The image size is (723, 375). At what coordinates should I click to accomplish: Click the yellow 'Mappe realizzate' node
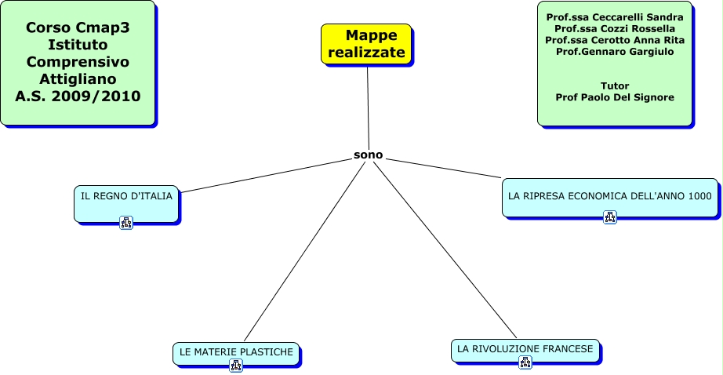click(366, 44)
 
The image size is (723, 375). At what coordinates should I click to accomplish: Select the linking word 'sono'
click(368, 155)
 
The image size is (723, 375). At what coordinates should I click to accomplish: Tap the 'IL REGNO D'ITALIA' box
click(126, 196)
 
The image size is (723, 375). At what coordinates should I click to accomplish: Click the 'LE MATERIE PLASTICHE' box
click(236, 352)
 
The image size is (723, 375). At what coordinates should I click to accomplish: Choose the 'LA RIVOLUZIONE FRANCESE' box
click(525, 348)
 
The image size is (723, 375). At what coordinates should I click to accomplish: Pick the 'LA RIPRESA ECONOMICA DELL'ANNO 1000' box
click(609, 195)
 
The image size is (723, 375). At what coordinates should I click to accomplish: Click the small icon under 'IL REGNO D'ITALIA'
click(126, 223)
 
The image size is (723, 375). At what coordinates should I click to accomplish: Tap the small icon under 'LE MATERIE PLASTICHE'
click(236, 366)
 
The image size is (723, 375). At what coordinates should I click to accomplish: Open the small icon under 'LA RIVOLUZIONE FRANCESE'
click(525, 362)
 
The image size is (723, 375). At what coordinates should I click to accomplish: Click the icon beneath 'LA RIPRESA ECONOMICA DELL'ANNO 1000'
click(610, 217)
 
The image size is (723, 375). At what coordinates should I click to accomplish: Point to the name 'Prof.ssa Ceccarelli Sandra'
click(615, 17)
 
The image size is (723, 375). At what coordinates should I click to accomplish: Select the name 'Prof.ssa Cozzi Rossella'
click(615, 28)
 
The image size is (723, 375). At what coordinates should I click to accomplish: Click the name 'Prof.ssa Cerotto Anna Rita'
click(615, 40)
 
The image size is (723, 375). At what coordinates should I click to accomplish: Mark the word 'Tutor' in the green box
click(615, 86)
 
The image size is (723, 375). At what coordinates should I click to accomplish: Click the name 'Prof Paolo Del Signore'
click(615, 97)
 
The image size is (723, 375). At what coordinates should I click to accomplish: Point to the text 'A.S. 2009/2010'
click(78, 97)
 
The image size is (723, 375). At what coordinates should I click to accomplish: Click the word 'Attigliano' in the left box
click(78, 79)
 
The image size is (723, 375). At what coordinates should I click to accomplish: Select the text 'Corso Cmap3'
click(78, 27)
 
